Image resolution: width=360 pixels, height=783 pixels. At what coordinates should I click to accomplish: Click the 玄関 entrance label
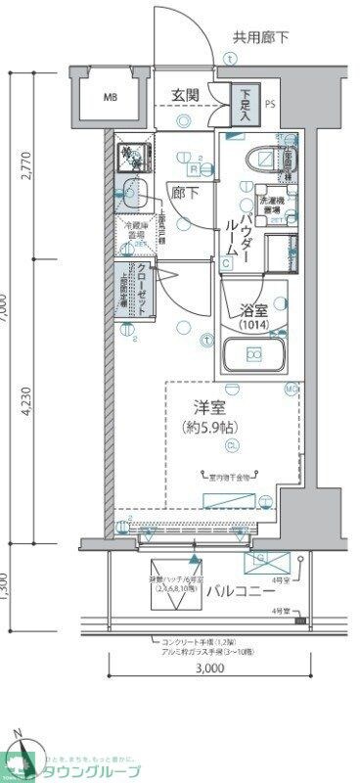click(186, 95)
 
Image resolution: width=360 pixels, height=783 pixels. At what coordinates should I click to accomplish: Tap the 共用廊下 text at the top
click(261, 39)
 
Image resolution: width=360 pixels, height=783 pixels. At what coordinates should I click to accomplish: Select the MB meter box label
click(111, 97)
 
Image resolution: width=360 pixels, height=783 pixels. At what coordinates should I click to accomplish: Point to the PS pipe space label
click(270, 98)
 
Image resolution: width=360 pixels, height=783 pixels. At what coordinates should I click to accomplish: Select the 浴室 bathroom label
click(255, 311)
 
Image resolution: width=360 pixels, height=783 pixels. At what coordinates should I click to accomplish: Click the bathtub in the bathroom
click(254, 354)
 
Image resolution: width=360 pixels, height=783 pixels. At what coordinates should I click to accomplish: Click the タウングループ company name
click(92, 770)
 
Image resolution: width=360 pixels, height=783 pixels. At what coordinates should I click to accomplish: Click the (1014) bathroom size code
click(255, 326)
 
